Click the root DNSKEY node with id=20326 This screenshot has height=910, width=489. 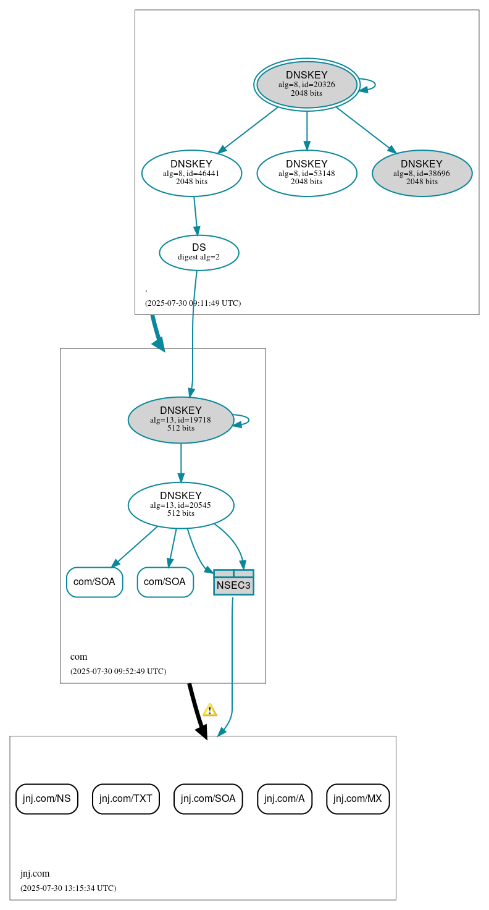307,85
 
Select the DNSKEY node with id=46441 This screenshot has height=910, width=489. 191,173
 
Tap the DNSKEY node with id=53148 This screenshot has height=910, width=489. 307,173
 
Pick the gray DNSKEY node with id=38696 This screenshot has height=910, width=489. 422,173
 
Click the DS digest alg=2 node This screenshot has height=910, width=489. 199,252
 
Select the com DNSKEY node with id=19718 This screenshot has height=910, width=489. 181,419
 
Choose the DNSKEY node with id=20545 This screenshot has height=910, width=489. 181,505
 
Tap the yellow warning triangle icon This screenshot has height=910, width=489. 210,710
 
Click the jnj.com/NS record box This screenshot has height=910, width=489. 47,799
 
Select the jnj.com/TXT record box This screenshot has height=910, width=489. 126,799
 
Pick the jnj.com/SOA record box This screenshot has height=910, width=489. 208,799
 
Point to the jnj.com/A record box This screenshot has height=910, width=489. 285,799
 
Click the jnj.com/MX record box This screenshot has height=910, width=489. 357,799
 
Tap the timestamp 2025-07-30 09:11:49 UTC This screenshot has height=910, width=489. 193,303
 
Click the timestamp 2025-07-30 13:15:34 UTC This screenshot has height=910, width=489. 68,888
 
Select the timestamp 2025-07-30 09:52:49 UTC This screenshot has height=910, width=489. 118,671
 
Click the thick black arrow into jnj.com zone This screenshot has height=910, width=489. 197,710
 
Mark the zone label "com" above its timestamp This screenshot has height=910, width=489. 79,657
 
